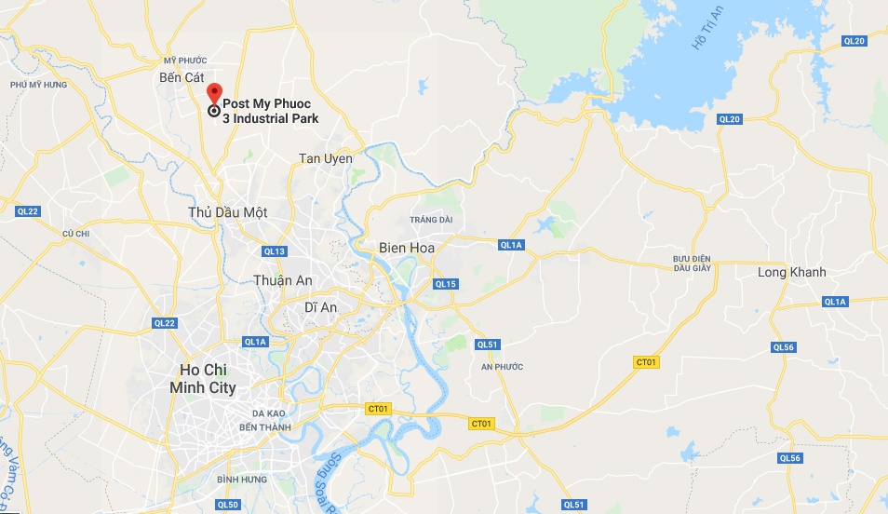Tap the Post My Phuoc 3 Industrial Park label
tap(270, 111)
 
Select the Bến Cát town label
tap(182, 77)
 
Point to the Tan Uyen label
tap(326, 158)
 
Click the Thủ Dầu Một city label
tap(227, 212)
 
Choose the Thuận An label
tap(283, 280)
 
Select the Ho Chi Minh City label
tap(203, 379)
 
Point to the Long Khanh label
tap(792, 272)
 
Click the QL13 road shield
tap(275, 251)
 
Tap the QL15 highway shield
tap(446, 284)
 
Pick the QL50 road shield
tap(227, 505)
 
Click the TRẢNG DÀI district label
tap(430, 220)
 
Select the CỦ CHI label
tap(74, 233)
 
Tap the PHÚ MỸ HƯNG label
tap(39, 85)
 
